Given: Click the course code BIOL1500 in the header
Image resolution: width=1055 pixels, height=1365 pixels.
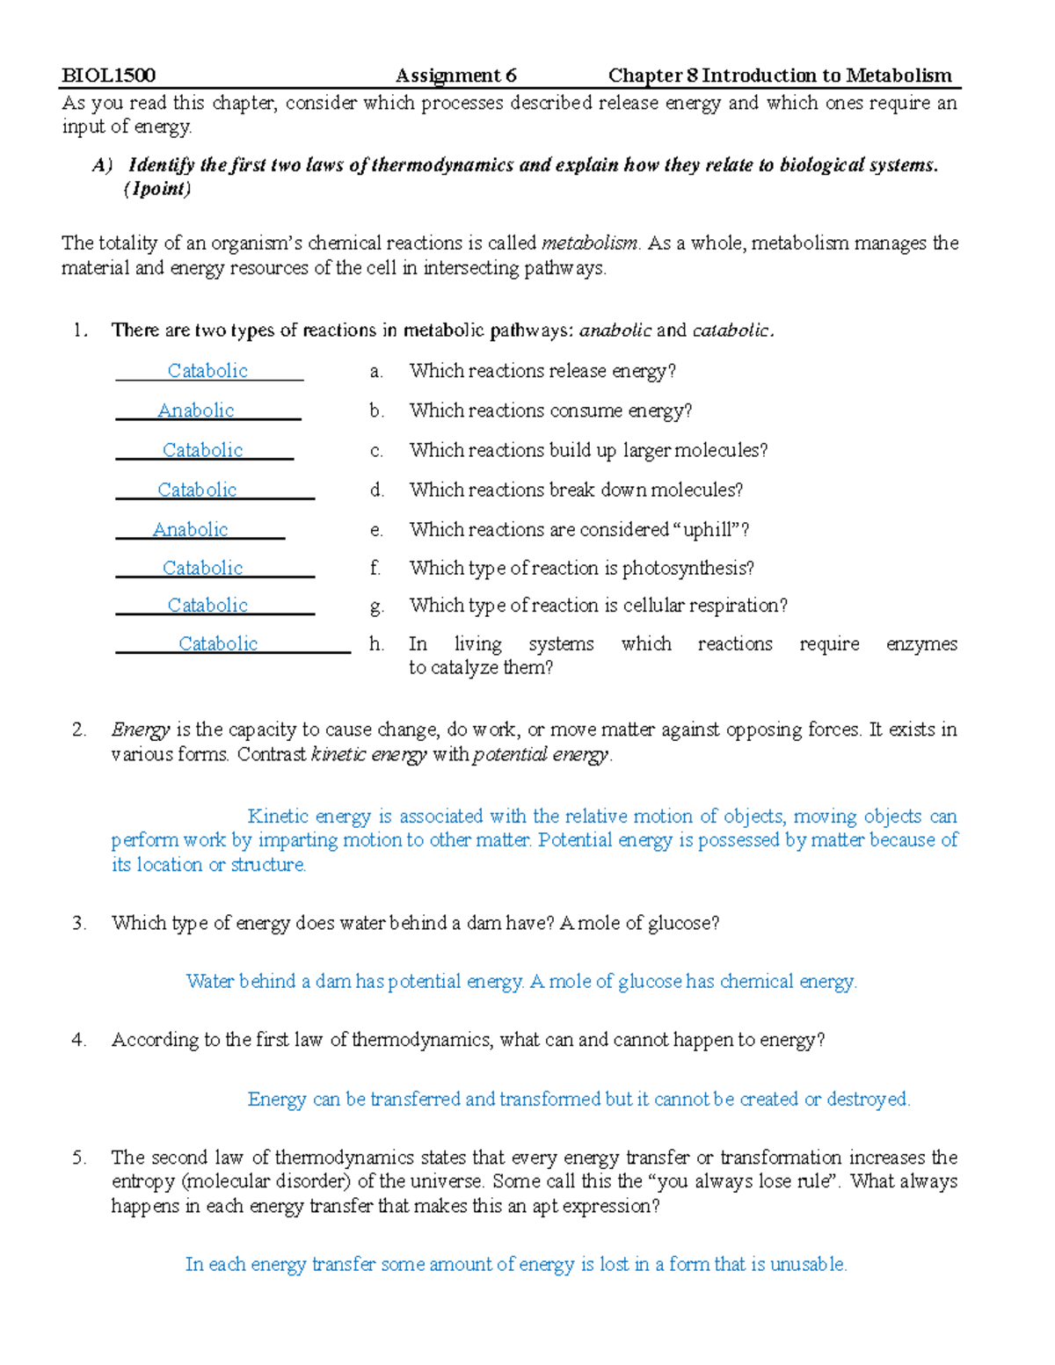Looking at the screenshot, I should pos(108,76).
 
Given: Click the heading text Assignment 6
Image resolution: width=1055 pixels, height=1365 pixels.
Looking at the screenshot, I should pos(455,76).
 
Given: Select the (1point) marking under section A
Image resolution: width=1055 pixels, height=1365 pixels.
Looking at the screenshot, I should pos(157,189).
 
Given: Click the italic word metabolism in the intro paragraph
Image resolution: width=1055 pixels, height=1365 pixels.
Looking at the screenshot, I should pos(590,243).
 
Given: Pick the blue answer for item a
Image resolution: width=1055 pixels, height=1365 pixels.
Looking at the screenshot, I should pos(207,371).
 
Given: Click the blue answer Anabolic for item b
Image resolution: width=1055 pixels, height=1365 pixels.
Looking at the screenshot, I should pos(196,410).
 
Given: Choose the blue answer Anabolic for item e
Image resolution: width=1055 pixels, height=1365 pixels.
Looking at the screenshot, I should pos(191,529).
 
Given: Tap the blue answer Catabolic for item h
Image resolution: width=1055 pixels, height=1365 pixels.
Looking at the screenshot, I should pos(218,643).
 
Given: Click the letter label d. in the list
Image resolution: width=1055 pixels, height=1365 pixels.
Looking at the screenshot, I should pos(377,490).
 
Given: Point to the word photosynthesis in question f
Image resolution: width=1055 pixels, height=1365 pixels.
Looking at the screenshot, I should pos(688,569).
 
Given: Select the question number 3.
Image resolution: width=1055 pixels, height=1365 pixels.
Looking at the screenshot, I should pos(79,923).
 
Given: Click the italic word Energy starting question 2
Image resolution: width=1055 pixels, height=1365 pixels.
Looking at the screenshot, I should pos(140,730).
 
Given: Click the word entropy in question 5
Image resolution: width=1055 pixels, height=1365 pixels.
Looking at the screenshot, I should pos(142,1181).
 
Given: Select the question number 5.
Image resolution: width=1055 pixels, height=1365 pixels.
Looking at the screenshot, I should pos(79,1158).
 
